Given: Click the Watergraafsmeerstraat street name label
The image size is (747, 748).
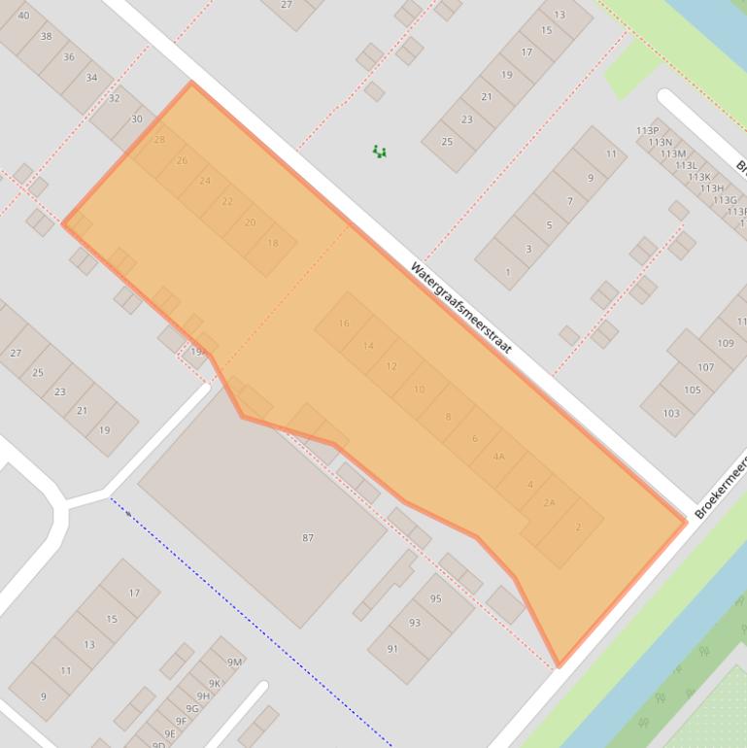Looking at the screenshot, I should click(460, 308).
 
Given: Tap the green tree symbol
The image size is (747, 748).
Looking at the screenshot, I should click(380, 151).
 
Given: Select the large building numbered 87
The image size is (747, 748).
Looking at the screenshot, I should click(308, 537).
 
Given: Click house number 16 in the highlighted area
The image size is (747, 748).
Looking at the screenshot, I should click(344, 323).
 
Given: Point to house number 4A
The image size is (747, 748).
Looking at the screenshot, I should click(499, 457).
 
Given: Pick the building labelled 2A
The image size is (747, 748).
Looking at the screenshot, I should click(550, 502).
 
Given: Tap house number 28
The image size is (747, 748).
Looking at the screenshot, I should click(159, 140).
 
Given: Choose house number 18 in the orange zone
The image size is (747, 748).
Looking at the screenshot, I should click(272, 243).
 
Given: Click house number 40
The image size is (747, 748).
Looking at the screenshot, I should click(23, 16).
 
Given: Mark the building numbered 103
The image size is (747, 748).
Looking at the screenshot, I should click(671, 413).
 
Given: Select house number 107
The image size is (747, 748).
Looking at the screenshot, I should click(706, 367).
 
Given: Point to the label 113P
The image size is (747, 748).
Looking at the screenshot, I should click(647, 130).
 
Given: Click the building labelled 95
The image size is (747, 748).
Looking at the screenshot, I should click(436, 598).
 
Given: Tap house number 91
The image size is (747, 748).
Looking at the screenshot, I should click(392, 648).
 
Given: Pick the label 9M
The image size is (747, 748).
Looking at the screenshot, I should click(234, 662).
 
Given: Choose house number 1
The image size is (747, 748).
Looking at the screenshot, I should click(507, 272).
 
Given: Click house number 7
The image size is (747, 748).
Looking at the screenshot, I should click(570, 202).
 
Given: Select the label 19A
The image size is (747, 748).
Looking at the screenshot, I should click(198, 352).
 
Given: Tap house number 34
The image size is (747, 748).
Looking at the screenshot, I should click(91, 78).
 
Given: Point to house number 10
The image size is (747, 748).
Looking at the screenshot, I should click(420, 390).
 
